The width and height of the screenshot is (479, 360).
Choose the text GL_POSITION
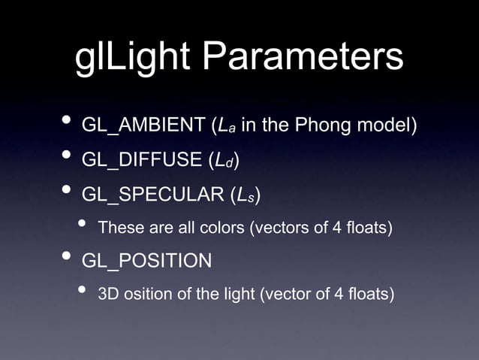click(x=146, y=261)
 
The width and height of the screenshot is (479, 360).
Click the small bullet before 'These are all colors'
click(x=84, y=225)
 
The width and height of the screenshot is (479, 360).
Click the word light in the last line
click(x=236, y=293)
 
